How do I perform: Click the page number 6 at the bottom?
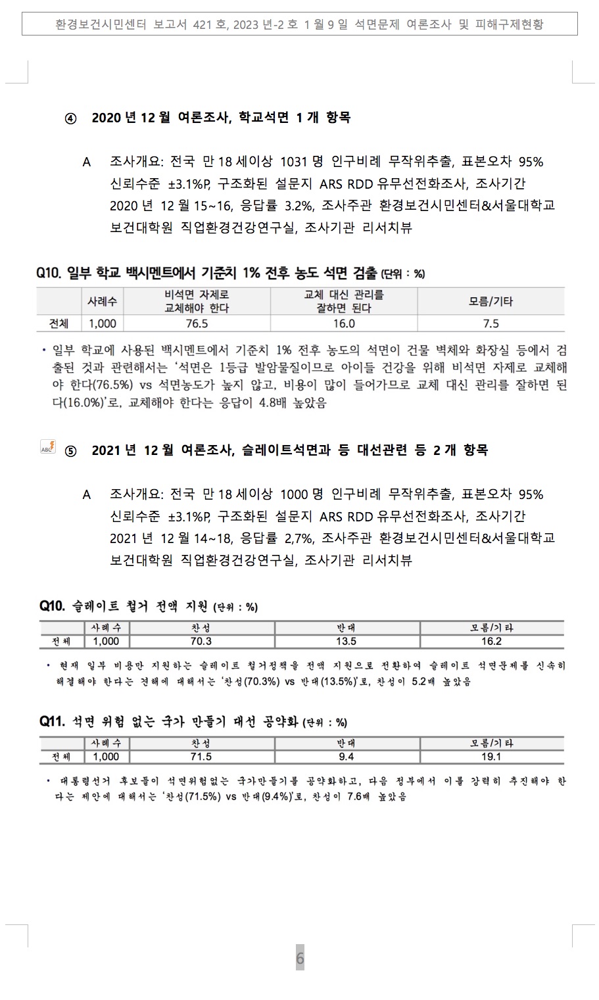[x=300, y=958]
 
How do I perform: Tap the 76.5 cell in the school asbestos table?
[x=197, y=323]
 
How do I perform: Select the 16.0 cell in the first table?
[x=343, y=323]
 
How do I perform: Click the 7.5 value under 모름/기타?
[x=491, y=323]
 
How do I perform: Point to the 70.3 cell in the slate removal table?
[x=201, y=641]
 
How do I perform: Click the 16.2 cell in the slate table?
[x=491, y=641]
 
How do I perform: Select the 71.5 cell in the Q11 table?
[x=201, y=757]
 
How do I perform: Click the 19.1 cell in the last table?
[x=491, y=757]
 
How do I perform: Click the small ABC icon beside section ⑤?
[x=48, y=447]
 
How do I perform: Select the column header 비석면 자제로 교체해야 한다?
[x=197, y=301]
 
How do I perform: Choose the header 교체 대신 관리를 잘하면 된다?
[x=343, y=301]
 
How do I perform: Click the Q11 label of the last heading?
[x=52, y=722]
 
